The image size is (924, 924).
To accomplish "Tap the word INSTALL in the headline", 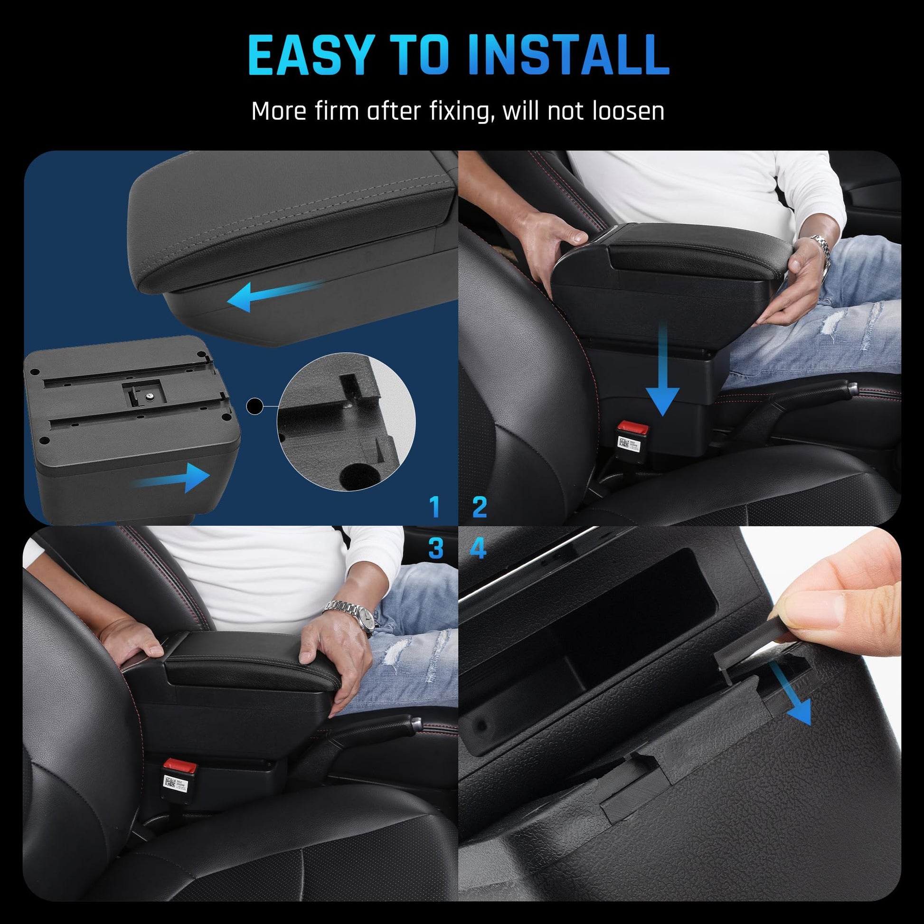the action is pyautogui.click(x=569, y=55).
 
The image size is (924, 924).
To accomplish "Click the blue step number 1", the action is pyautogui.click(x=434, y=508).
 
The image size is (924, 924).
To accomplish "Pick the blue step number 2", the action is pyautogui.click(x=479, y=508).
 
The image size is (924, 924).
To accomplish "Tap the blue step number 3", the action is pyautogui.click(x=436, y=548).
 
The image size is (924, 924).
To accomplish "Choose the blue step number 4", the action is pyautogui.click(x=478, y=548).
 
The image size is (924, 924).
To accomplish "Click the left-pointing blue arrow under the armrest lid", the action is pyautogui.click(x=275, y=295).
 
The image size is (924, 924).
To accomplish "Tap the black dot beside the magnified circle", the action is pyautogui.click(x=255, y=406).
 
